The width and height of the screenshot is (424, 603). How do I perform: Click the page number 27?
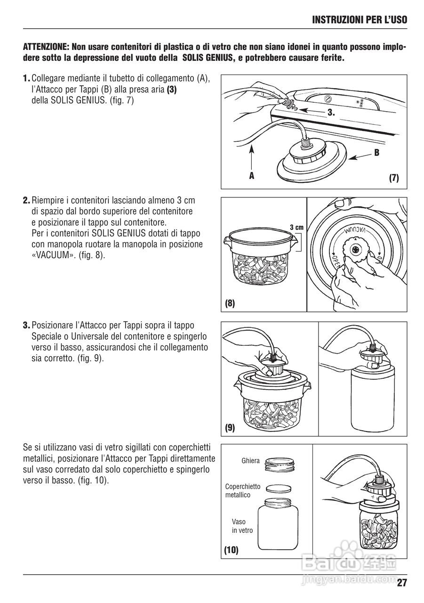(401, 583)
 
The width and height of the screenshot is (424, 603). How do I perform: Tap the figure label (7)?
(394, 178)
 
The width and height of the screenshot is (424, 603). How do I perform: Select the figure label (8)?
(230, 304)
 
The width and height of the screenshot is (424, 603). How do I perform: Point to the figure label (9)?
(230, 428)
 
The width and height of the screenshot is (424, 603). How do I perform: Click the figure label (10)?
(231, 550)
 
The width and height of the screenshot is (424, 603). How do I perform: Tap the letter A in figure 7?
(251, 175)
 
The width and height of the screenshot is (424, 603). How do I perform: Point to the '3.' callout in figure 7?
(331, 113)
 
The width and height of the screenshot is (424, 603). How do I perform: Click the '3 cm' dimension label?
(296, 228)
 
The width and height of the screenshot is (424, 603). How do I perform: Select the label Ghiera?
(250, 461)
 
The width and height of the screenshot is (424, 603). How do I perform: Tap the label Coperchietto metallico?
(242, 490)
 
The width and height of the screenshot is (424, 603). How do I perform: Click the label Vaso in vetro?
(242, 526)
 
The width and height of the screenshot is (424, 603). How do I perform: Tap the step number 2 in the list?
(26, 200)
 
